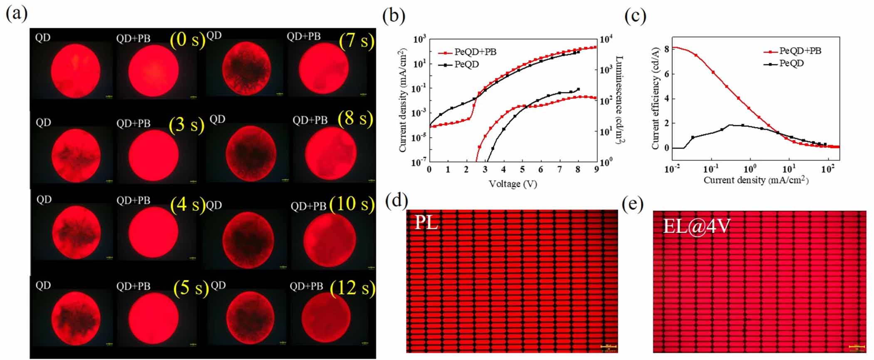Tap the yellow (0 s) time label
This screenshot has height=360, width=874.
pos(187,40)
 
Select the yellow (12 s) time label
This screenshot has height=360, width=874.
pos(352,288)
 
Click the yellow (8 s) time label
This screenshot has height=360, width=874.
pos(355,119)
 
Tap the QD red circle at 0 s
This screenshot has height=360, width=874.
pos(75,71)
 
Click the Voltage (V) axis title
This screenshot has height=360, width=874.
pos(513,184)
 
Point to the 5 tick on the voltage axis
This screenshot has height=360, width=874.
pos(522,170)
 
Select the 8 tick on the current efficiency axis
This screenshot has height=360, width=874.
pos(666,49)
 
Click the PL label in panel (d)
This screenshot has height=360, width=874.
pos(427,223)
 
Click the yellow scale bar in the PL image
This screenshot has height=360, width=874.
pos(608,346)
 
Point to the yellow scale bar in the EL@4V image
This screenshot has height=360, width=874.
pos(856,346)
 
